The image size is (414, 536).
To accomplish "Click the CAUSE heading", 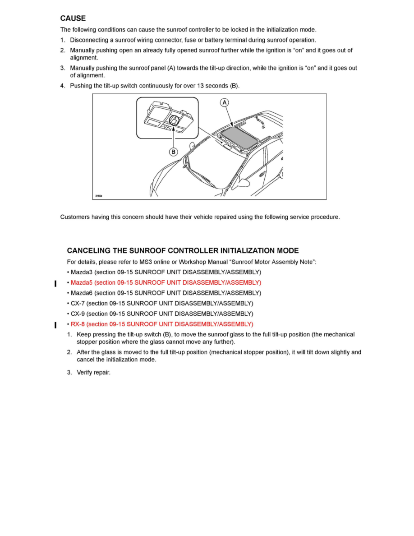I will coord(73,18).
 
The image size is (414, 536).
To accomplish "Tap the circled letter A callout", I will coord(224,103).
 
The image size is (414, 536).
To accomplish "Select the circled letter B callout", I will coord(173,152).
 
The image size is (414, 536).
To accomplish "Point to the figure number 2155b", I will coord(99,195).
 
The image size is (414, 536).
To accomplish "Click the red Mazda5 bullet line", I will coord(164,283).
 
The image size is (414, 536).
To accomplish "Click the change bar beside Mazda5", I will coord(55,283).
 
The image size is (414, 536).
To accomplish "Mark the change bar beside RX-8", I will coord(55,325).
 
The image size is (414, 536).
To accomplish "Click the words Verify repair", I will coord(94,373).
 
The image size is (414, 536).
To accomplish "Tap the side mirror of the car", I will coord(244,182).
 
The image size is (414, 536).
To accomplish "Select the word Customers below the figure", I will coord(75,217).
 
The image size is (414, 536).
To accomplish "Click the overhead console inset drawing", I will coord(167,119).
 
